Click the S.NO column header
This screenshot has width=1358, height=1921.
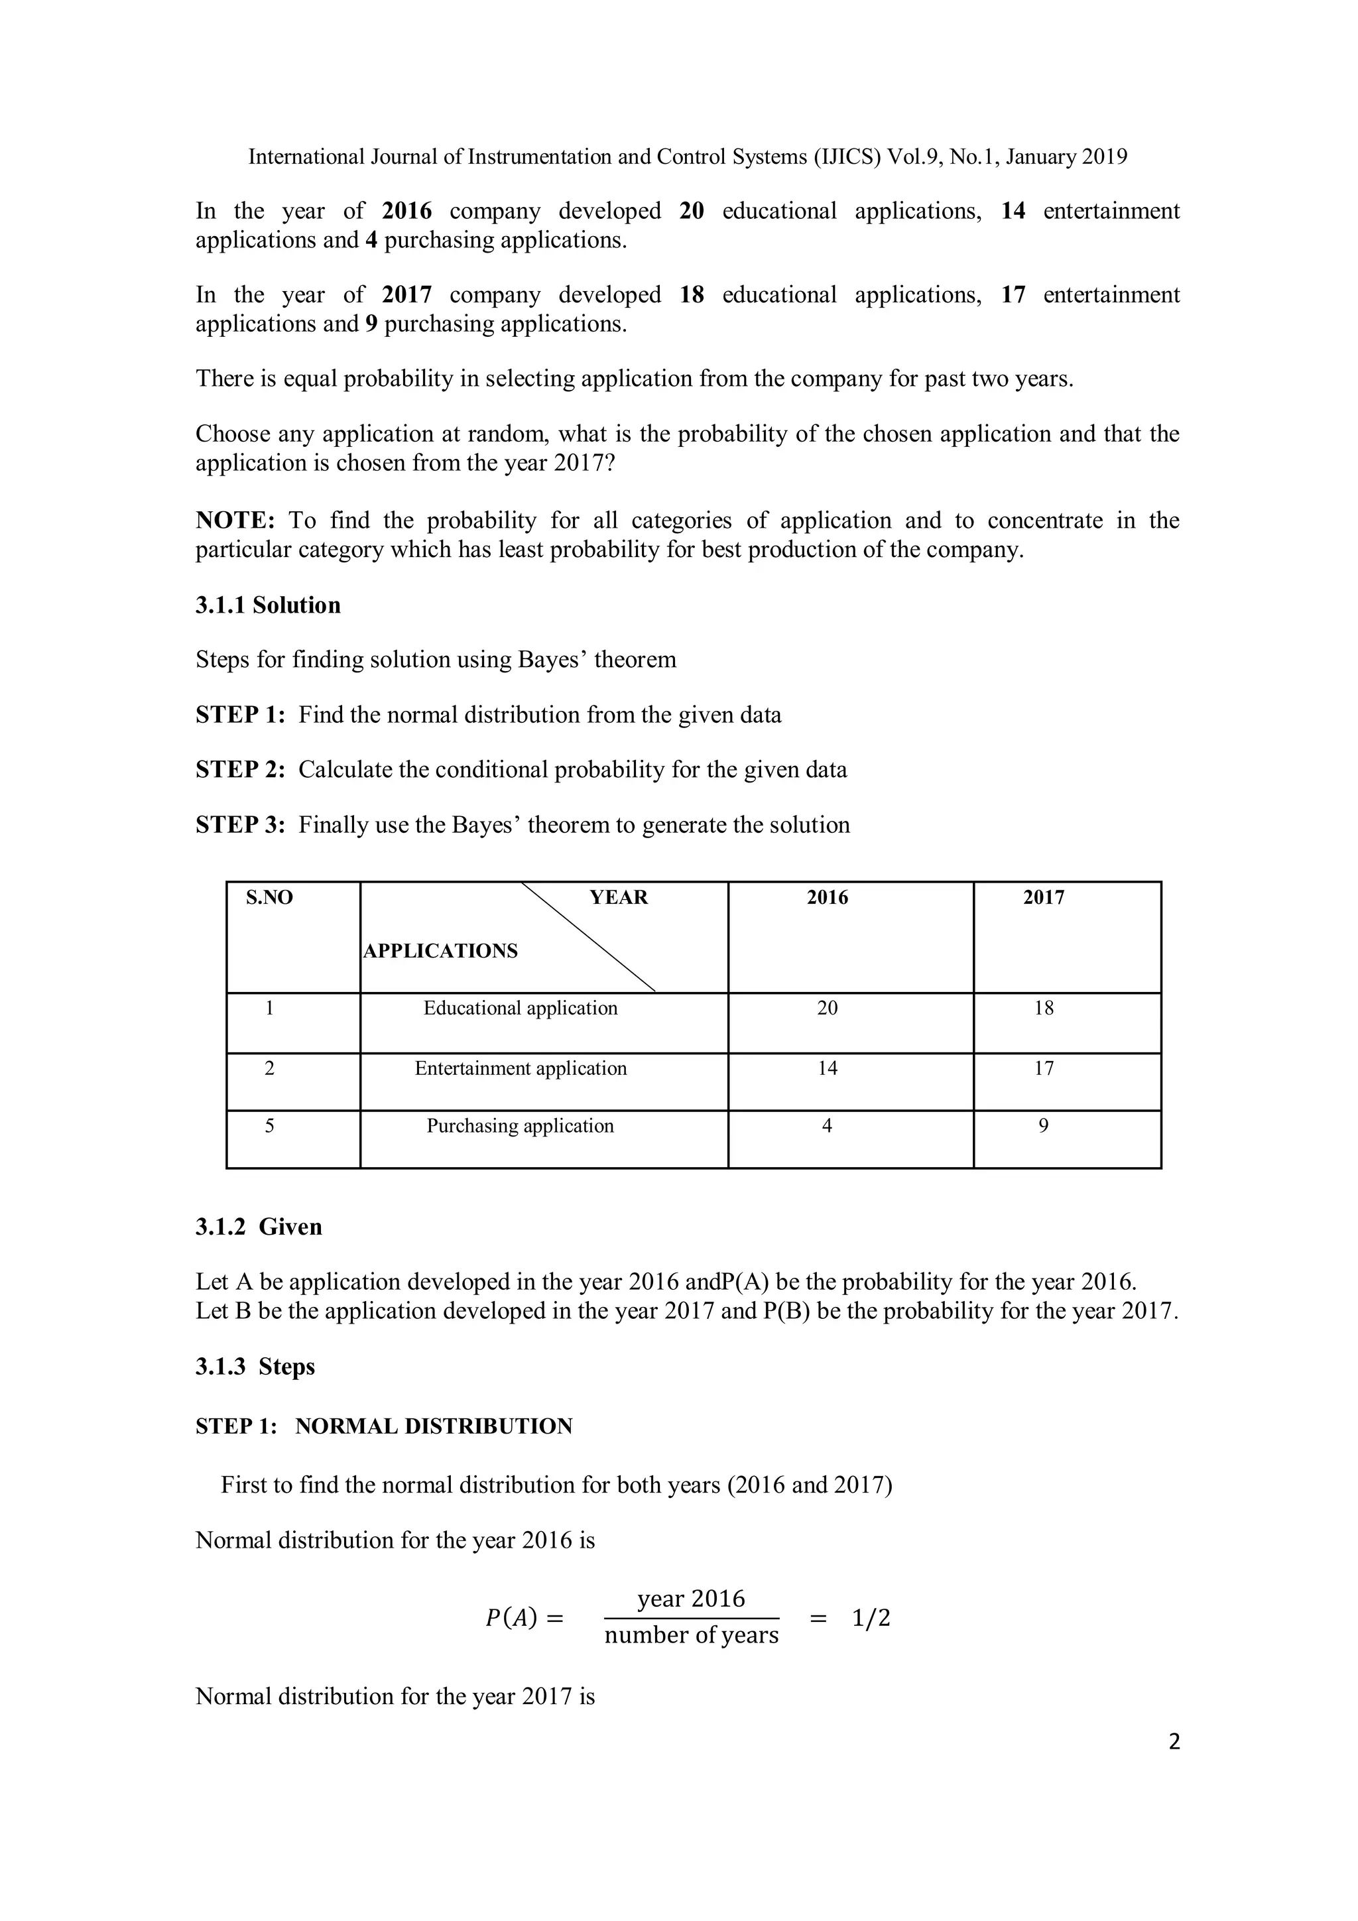click(x=269, y=898)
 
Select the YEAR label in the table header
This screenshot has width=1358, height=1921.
click(x=619, y=898)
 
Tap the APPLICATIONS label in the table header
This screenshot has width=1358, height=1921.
click(x=441, y=952)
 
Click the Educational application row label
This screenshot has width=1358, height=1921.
click(x=521, y=1008)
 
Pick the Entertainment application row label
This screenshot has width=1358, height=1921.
click(x=521, y=1068)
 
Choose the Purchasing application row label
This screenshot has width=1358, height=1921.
click(x=521, y=1126)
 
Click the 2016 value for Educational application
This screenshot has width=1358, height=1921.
click(x=828, y=1008)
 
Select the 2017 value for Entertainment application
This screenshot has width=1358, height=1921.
click(x=1044, y=1068)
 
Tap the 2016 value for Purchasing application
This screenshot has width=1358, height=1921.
click(x=828, y=1126)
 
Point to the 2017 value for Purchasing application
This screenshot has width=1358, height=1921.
click(x=1044, y=1126)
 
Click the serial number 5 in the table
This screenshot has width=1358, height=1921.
click(x=269, y=1126)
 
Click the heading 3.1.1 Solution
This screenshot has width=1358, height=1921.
click(x=268, y=606)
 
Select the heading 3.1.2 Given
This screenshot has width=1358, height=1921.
click(x=259, y=1227)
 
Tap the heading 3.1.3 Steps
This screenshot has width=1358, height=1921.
click(x=255, y=1367)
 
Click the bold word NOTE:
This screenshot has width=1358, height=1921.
click(x=235, y=521)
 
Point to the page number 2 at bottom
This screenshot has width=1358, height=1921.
click(x=1174, y=1742)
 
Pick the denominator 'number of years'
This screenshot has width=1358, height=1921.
click(x=691, y=1636)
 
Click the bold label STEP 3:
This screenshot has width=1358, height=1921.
click(x=240, y=826)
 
